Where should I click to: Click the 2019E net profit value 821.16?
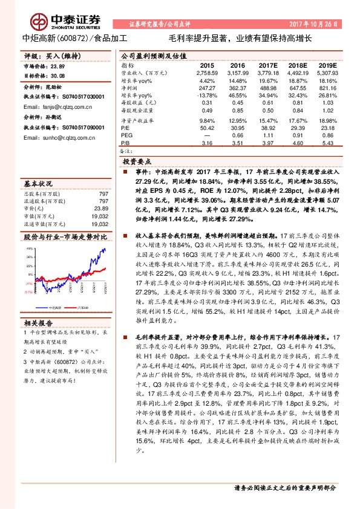(327, 87)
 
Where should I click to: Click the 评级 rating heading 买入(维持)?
(46, 56)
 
